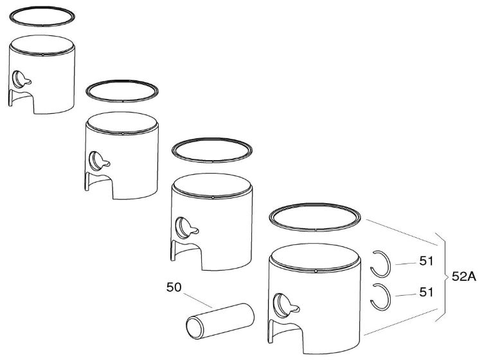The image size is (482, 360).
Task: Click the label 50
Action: [x=174, y=287]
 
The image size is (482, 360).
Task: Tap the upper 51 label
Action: [x=426, y=261]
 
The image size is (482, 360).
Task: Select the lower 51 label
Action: [x=426, y=292]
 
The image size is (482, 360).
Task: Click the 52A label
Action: [x=464, y=277]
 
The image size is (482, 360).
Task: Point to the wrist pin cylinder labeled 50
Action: [x=220, y=321]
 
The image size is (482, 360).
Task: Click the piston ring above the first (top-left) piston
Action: [x=42, y=26]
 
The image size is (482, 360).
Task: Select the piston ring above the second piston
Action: [x=122, y=102]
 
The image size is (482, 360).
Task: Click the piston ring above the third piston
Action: [x=212, y=162]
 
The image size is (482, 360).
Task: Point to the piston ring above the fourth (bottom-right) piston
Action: [x=315, y=230]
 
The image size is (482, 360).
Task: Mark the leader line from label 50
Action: [x=198, y=300]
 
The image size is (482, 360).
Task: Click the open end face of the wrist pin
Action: [x=195, y=328]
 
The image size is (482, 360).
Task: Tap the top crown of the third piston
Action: [x=212, y=185]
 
